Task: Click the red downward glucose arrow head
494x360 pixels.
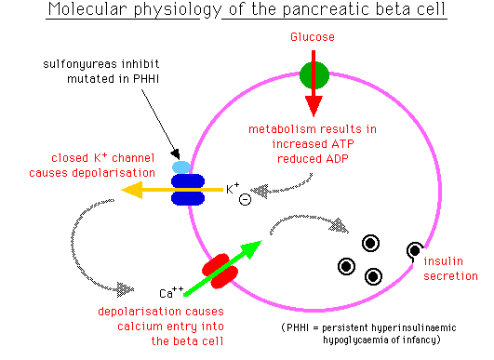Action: [x=314, y=104]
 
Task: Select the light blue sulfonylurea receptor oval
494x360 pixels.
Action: [x=181, y=167]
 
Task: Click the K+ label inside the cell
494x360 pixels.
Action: [x=233, y=189]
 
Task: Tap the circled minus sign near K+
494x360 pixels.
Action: [x=244, y=198]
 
